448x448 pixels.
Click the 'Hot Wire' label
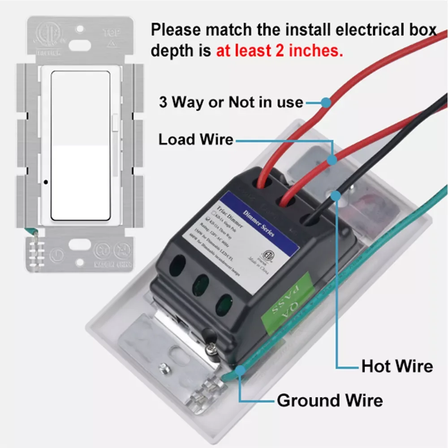click(397, 366)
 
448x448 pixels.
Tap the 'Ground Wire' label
click(330, 400)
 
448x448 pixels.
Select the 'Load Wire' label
click(196, 140)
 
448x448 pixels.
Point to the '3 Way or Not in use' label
click(231, 102)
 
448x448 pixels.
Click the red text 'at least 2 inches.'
click(280, 51)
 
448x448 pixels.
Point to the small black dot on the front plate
click(46, 182)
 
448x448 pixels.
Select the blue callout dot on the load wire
click(332, 159)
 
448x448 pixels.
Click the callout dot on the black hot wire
click(334, 194)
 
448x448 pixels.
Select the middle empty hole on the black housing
click(200, 285)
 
